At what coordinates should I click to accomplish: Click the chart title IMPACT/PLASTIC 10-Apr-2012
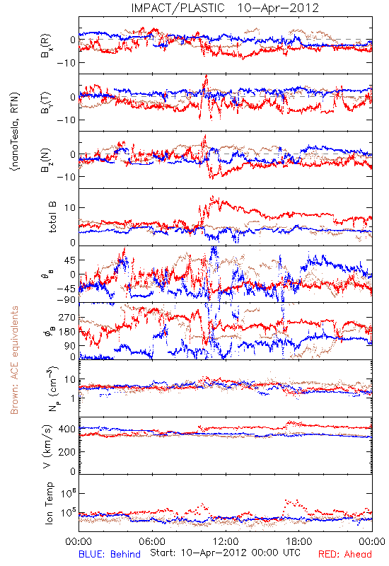pos(225,8)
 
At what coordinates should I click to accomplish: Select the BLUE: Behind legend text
pos(110,554)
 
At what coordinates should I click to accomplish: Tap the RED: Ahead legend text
pos(345,554)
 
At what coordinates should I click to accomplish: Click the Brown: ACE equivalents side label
pos(14,360)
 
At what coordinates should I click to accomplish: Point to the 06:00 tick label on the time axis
pos(152,541)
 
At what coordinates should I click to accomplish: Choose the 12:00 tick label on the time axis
pos(226,541)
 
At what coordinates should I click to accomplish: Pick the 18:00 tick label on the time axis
pos(299,541)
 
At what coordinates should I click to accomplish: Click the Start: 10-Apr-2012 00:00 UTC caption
pos(226,553)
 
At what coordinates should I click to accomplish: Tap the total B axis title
pos(52,217)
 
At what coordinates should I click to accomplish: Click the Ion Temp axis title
pos(49,503)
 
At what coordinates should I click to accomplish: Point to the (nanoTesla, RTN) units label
pos(15,132)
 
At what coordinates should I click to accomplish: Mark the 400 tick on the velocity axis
pos(67,429)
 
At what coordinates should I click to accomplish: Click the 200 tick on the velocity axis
pos(67,451)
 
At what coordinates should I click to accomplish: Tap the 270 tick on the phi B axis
pos(67,318)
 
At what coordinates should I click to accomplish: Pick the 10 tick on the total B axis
pos(70,208)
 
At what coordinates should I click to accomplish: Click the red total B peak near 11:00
pos(213,197)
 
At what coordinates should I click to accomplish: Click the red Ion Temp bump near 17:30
pos(291,502)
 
